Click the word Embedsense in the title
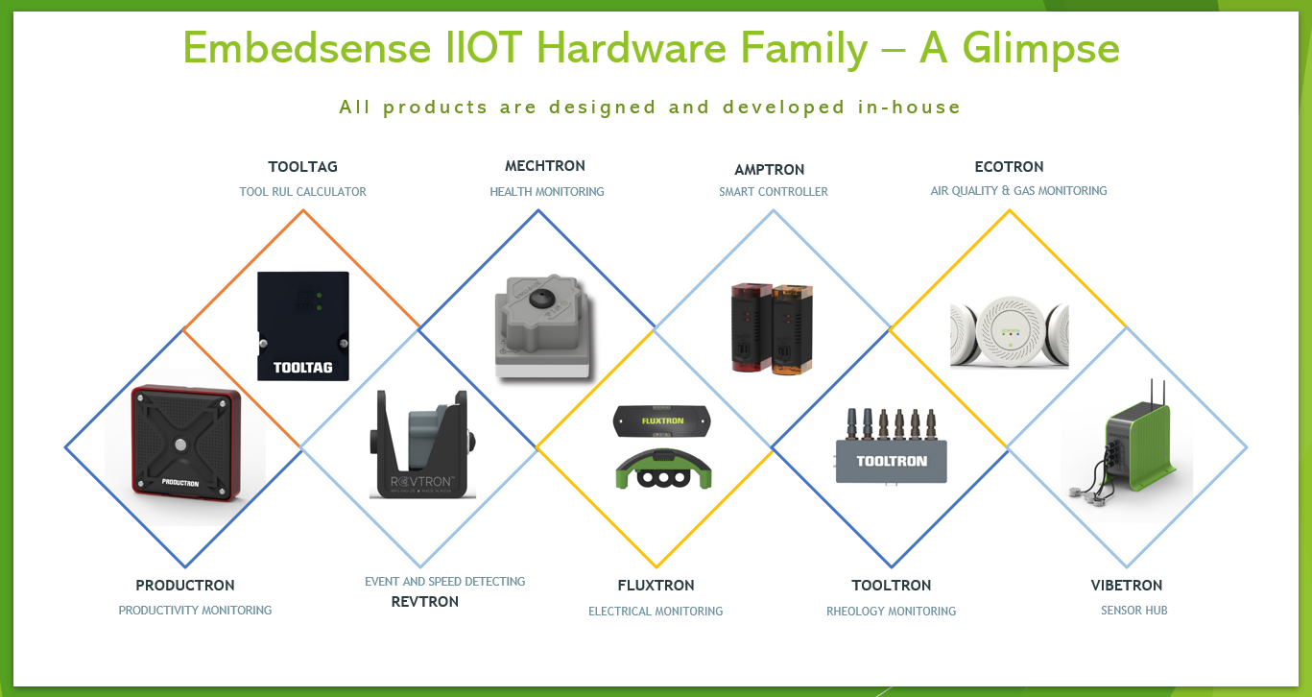(x=307, y=48)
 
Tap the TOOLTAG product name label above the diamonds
(x=303, y=167)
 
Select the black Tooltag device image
(x=303, y=325)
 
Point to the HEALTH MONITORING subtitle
(x=546, y=191)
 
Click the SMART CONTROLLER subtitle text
(x=774, y=191)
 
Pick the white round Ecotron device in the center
(x=1010, y=331)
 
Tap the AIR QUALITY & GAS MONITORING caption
(x=1018, y=190)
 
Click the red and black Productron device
(x=186, y=444)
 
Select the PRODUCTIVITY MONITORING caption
(x=195, y=611)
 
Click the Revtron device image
(x=422, y=444)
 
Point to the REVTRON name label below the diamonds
(x=424, y=602)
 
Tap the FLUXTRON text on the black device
(x=662, y=421)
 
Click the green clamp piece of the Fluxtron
(x=663, y=469)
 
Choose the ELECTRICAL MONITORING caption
(x=656, y=612)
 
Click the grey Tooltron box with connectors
(x=891, y=446)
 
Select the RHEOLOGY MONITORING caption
(x=891, y=612)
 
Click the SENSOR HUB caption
(x=1133, y=611)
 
